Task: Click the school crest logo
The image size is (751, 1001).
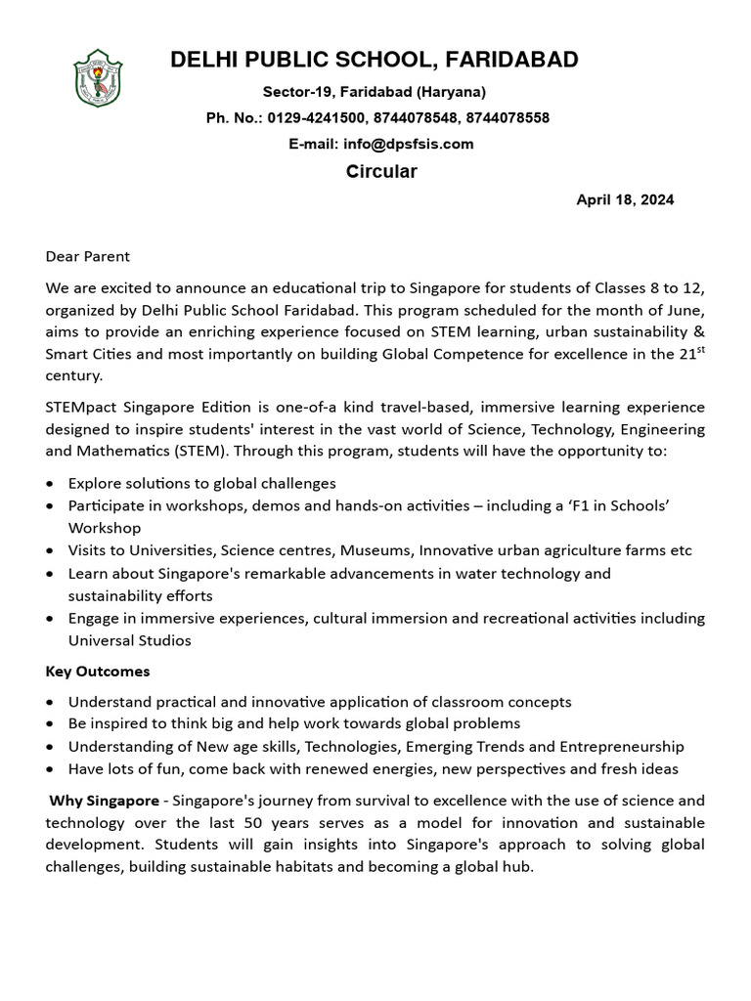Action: pos(98,78)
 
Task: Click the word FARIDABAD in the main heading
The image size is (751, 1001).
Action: pos(511,60)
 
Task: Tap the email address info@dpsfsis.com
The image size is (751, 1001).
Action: pos(408,144)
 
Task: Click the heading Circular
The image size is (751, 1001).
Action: pos(381,172)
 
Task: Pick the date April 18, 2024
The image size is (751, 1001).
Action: pos(625,199)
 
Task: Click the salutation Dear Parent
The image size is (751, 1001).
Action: pos(88,256)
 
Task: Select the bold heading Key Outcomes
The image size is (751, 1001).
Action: pos(98,672)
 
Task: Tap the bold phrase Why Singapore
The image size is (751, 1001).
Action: pos(104,801)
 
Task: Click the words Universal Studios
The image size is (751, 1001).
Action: pos(130,641)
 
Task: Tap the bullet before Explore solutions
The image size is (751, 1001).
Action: pos(51,484)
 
